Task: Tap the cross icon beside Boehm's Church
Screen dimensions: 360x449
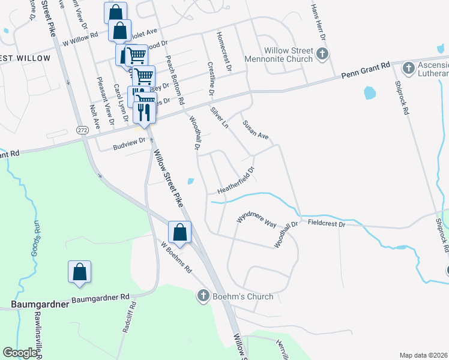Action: point(203,296)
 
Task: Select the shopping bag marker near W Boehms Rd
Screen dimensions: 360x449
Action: point(179,231)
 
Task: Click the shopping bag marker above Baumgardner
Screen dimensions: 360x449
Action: point(79,271)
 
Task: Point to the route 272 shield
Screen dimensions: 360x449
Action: point(82,130)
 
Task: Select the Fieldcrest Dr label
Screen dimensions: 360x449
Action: point(327,223)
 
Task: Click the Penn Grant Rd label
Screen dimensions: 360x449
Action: point(366,70)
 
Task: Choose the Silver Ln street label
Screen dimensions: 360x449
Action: point(220,118)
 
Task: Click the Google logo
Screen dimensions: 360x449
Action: point(20,353)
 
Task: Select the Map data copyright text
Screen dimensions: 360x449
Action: point(423,355)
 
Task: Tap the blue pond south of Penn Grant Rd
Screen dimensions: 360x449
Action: point(369,93)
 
